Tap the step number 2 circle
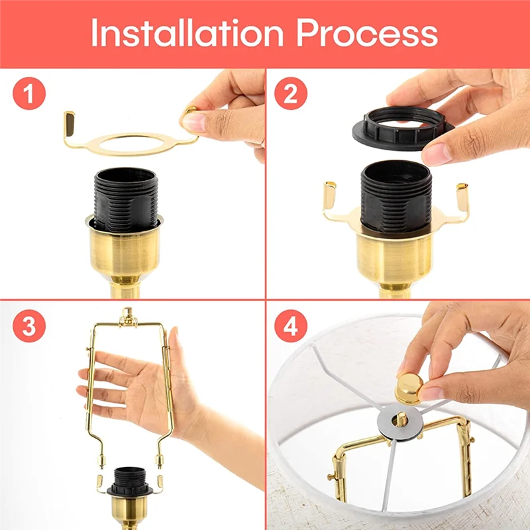click(290, 95)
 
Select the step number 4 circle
click(290, 327)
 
